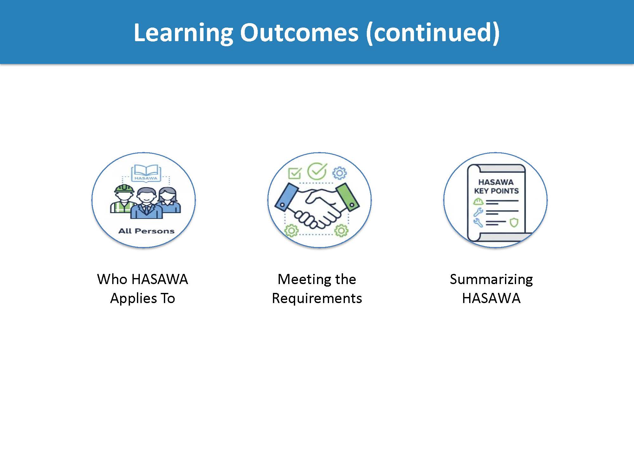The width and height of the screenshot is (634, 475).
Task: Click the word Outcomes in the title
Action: click(x=299, y=33)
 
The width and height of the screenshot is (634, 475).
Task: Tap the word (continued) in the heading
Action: click(x=433, y=33)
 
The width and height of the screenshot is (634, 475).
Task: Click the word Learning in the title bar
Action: click(x=183, y=33)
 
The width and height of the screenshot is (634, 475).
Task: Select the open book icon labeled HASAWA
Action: click(x=146, y=173)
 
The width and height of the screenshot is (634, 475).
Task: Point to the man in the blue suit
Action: click(x=146, y=204)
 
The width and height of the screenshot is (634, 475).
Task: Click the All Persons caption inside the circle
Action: click(x=146, y=231)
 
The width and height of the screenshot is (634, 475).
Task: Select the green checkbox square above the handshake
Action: click(x=294, y=173)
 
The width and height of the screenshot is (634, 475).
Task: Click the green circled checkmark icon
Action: click(x=317, y=171)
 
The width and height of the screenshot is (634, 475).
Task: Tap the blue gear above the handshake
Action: click(x=340, y=173)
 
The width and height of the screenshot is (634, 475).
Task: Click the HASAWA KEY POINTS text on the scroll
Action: click(x=496, y=187)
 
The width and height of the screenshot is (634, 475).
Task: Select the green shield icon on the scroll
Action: click(x=514, y=222)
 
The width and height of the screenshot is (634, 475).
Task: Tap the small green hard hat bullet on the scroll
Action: click(x=478, y=201)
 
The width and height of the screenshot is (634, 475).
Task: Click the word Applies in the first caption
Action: click(x=133, y=298)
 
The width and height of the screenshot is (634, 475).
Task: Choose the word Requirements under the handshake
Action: click(x=317, y=298)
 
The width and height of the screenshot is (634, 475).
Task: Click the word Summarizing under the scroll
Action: click(x=491, y=279)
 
